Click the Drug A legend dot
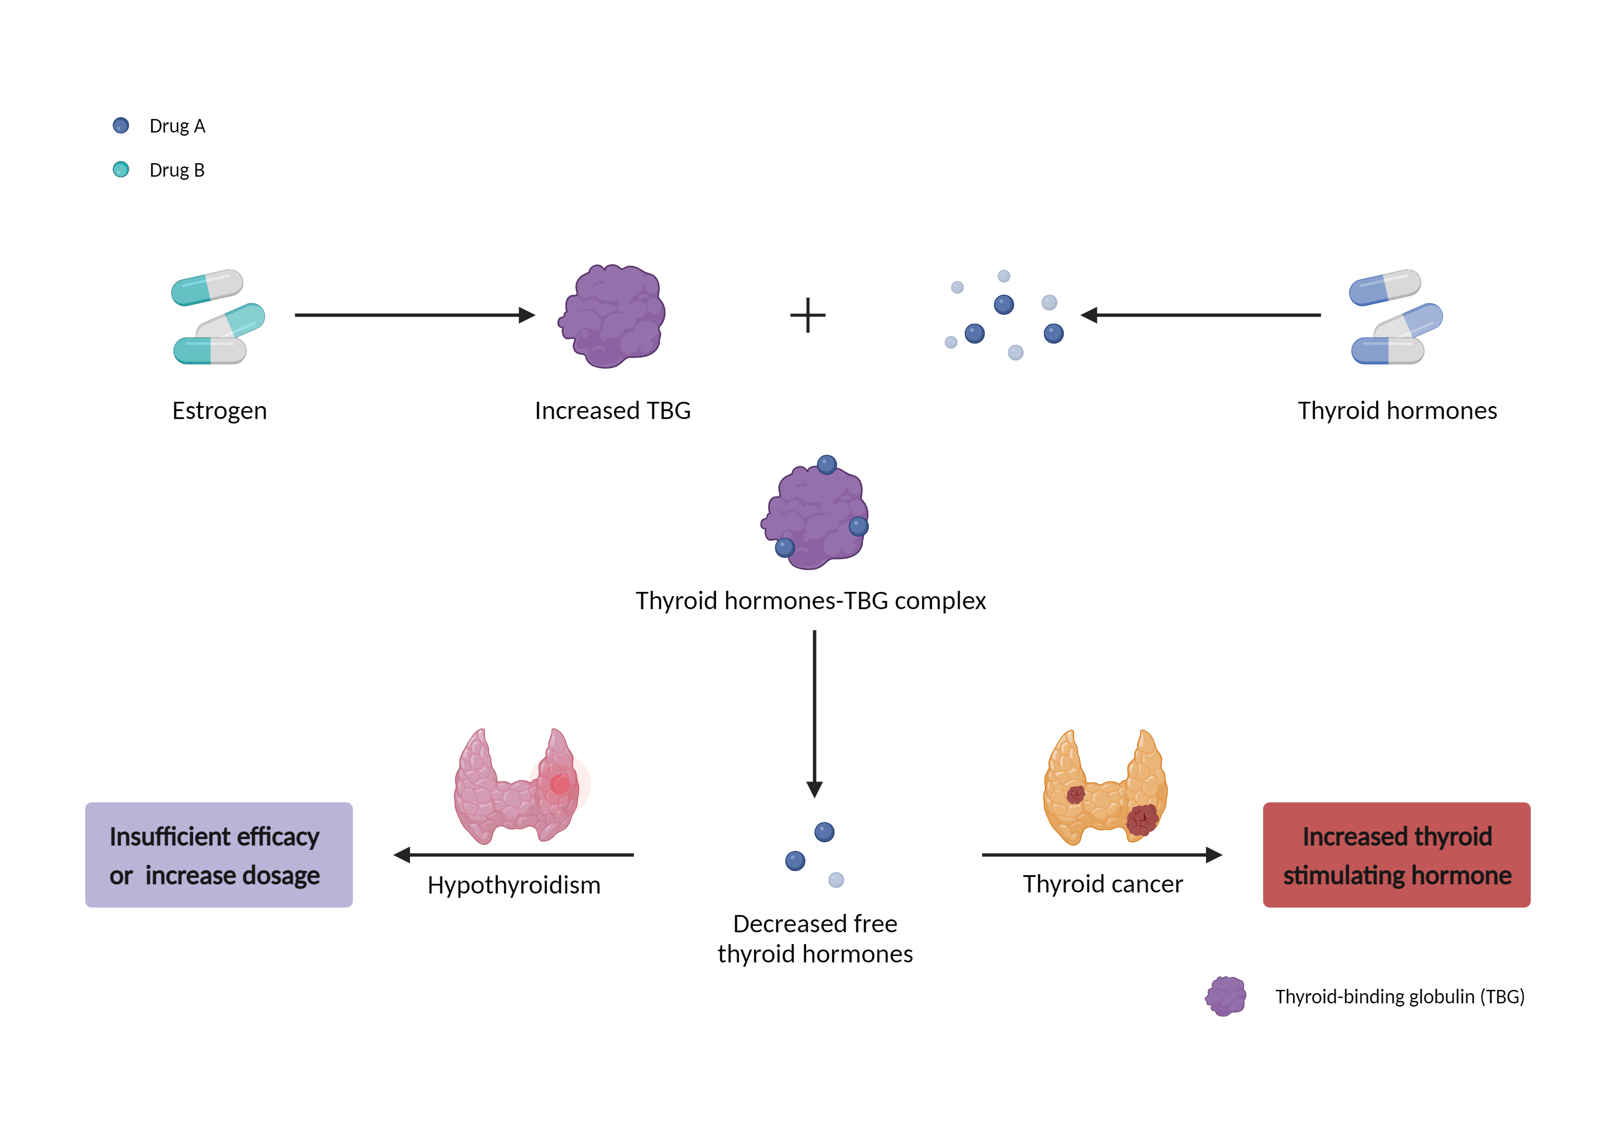(x=121, y=125)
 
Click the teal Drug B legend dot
(x=121, y=170)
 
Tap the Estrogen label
(x=220, y=410)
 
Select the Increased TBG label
(x=612, y=410)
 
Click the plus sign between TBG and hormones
(x=807, y=315)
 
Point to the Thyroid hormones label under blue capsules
(x=1397, y=410)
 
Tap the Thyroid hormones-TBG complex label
(x=810, y=601)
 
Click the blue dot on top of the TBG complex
(x=827, y=464)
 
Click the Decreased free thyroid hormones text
(x=815, y=938)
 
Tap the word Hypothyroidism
(x=514, y=885)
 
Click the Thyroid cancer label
(x=1103, y=883)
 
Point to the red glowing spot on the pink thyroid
(x=560, y=783)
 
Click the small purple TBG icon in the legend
(x=1225, y=996)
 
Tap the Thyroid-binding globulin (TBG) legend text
(x=1399, y=996)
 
